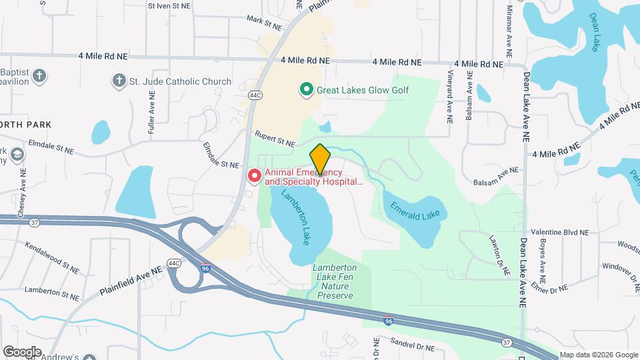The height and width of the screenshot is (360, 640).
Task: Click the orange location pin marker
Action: [320, 159]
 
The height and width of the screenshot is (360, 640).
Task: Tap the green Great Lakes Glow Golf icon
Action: [306, 89]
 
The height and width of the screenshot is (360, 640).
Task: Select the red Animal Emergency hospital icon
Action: [255, 176]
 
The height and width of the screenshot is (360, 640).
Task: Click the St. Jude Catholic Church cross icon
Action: [119, 81]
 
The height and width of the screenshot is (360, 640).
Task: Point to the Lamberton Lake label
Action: [297, 217]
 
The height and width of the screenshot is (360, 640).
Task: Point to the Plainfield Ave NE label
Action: [131, 281]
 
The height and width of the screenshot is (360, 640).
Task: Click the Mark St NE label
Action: [264, 23]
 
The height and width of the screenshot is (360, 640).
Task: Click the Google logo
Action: [22, 351]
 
